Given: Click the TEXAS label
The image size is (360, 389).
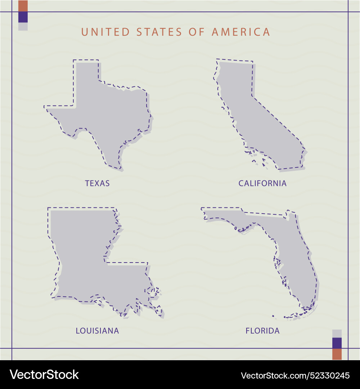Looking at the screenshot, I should click(97, 183).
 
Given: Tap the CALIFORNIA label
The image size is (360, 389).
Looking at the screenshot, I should click(262, 183).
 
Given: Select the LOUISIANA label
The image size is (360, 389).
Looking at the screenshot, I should click(97, 331).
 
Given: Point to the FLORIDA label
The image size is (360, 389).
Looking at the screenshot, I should click(262, 331).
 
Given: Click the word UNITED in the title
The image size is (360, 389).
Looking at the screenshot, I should click(105, 32).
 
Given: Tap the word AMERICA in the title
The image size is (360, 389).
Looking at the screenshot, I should click(241, 32).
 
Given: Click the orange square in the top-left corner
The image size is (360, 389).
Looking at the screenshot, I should click(23, 6).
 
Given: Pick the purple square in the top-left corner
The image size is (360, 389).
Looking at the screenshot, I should click(23, 17).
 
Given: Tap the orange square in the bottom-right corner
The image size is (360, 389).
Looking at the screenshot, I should click(337, 354).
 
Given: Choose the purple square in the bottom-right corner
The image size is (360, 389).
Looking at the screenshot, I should click(337, 343).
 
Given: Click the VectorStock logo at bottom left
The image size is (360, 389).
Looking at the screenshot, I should click(44, 375).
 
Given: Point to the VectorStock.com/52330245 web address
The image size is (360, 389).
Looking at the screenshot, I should click(295, 376).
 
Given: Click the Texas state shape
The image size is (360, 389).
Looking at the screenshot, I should click(108, 115).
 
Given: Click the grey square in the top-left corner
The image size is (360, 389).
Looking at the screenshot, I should click(23, 26).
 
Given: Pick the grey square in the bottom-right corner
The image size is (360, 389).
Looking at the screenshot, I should click(337, 333).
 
